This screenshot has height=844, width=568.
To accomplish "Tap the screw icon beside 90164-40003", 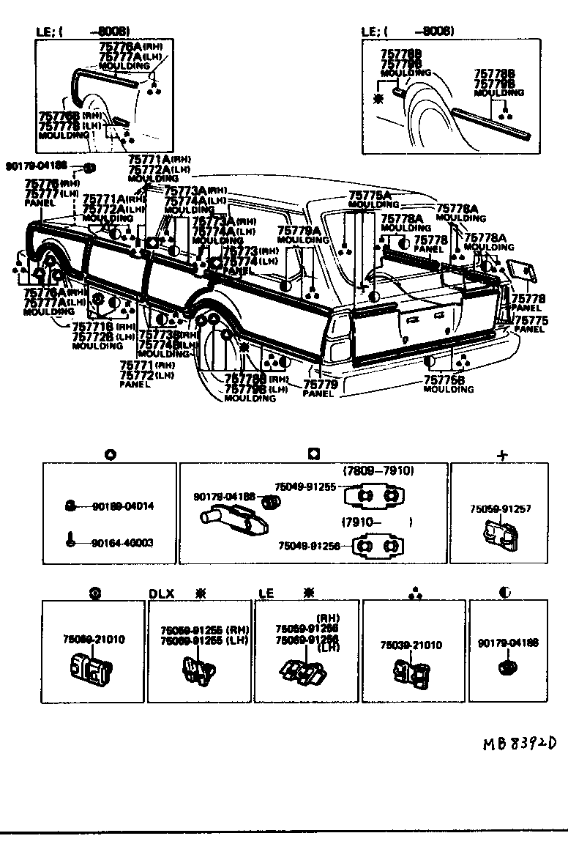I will tap(68, 543).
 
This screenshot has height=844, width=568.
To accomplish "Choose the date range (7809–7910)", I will tap(378, 471).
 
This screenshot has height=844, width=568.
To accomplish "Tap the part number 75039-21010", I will tap(411, 645).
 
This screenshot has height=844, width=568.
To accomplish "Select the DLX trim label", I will tap(162, 593).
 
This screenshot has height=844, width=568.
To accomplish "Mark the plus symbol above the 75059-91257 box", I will tap(502, 455).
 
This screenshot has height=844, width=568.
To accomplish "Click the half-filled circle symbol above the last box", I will tap(505, 593).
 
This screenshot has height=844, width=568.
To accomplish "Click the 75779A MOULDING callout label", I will tap(299, 234).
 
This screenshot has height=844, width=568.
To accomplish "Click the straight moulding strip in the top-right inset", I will tap(490, 123).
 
